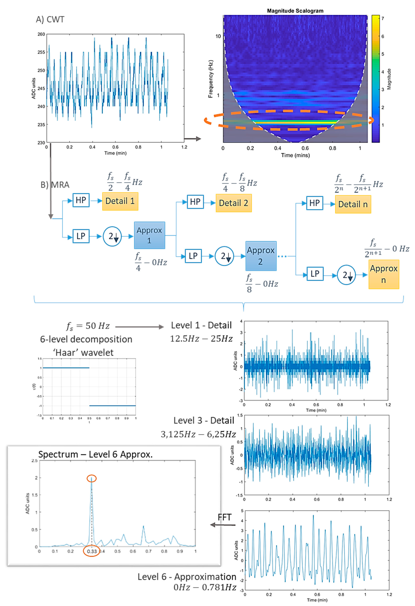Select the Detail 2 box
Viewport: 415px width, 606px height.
coord(234,203)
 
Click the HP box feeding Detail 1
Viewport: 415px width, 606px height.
coord(81,200)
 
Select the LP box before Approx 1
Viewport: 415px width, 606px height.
coord(81,236)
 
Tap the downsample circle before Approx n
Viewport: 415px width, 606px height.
coord(346,275)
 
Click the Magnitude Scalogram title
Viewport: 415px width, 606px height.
coord(295,11)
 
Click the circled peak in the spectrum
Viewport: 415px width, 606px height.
coord(91,479)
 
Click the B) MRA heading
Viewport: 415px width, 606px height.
coord(55,185)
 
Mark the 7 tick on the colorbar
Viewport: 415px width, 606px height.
coord(383,19)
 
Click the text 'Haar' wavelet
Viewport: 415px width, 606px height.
coord(83,353)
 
